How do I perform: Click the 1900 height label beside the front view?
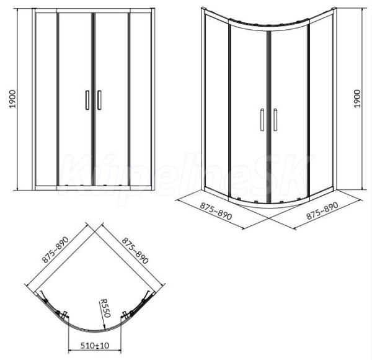click(x=12, y=99)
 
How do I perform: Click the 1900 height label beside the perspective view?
click(x=357, y=99)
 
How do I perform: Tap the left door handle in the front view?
click(x=87, y=100)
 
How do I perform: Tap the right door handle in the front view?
click(x=99, y=100)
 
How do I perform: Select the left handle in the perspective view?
click(x=262, y=120)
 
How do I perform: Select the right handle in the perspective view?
click(x=275, y=120)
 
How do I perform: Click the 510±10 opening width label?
click(x=95, y=345)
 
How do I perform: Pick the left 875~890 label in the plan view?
click(x=55, y=250)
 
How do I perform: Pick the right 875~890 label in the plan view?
click(x=135, y=251)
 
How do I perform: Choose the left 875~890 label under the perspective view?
click(x=216, y=211)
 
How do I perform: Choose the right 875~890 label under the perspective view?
click(x=322, y=210)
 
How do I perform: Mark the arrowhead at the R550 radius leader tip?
click(x=104, y=328)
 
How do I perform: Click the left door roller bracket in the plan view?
click(x=63, y=315)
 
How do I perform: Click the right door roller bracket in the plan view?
click(x=126, y=315)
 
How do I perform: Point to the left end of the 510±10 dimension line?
click(x=68, y=351)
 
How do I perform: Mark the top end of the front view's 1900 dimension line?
click(x=18, y=9)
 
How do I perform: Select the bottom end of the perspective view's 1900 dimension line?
click(x=362, y=190)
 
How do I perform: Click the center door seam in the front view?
click(x=93, y=99)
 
